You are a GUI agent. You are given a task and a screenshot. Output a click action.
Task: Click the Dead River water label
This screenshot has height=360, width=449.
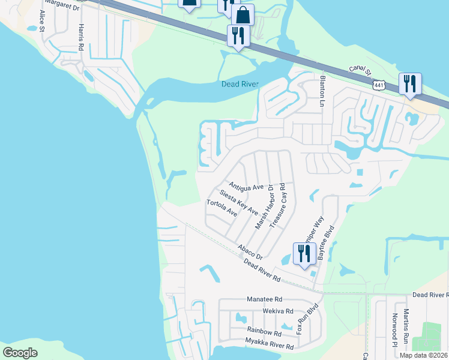(x=240, y=84)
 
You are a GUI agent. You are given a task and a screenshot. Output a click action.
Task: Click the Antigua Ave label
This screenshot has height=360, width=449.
(x=246, y=187)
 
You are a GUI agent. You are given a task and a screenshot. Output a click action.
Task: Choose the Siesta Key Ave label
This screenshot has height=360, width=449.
(x=239, y=203)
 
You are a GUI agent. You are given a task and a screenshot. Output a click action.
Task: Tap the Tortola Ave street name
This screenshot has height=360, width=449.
(x=222, y=211)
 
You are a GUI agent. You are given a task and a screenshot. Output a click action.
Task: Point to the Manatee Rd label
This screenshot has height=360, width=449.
(x=264, y=299)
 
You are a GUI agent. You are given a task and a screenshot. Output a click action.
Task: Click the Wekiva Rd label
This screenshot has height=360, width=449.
(x=277, y=311)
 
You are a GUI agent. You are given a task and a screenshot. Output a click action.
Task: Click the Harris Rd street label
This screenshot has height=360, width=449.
(x=79, y=37)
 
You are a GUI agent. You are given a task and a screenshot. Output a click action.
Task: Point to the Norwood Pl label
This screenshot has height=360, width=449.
(x=395, y=330)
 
